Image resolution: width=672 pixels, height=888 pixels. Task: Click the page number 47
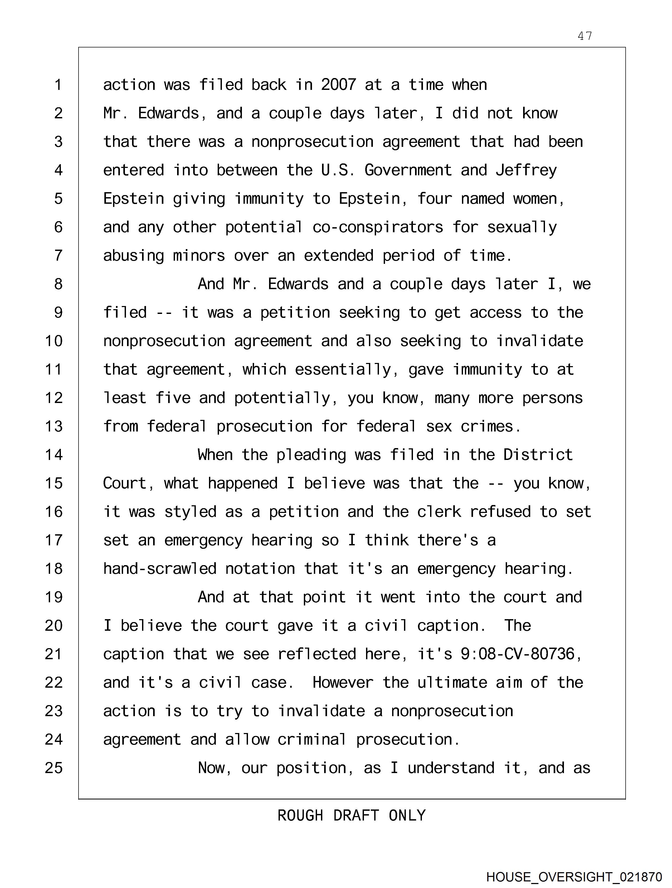click(585, 36)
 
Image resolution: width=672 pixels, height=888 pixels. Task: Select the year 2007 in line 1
click(338, 85)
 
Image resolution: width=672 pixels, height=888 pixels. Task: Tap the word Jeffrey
click(526, 170)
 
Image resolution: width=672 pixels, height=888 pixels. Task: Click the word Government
click(408, 170)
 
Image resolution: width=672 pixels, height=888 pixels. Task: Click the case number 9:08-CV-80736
click(517, 654)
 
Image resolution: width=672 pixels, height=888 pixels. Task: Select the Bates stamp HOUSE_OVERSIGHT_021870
click(574, 877)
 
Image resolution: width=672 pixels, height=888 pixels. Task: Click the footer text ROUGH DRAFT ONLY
click(351, 815)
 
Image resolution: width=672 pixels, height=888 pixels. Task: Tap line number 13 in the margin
click(54, 426)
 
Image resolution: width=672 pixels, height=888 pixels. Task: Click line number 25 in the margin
click(54, 768)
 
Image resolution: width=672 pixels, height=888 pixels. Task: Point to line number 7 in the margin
click(58, 255)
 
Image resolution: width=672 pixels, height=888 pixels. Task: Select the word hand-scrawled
click(160, 569)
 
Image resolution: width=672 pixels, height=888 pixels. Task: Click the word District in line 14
click(538, 455)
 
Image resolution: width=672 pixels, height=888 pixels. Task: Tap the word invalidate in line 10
click(539, 341)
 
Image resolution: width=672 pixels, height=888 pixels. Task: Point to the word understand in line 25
click(451, 768)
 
